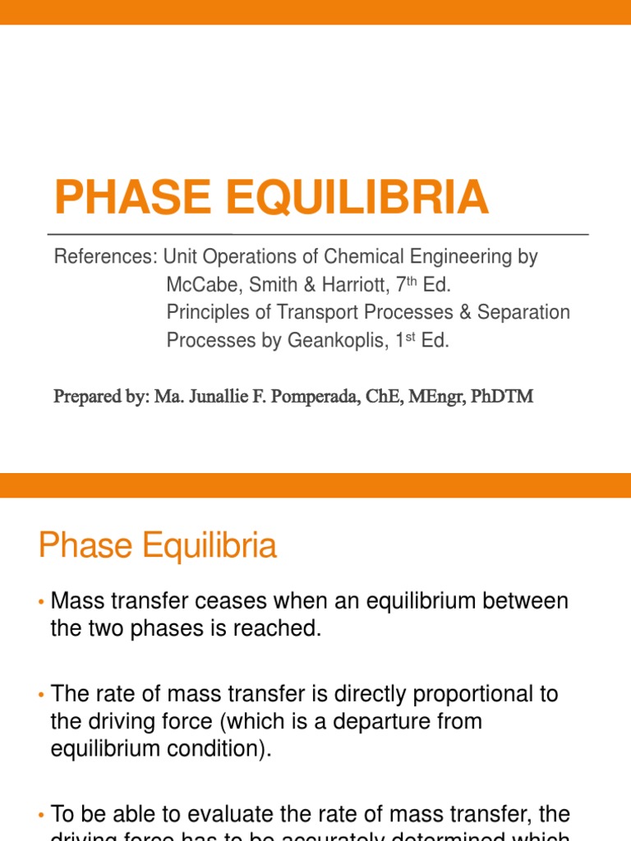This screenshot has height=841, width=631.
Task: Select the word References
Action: pos(104,257)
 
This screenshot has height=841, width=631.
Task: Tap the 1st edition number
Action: pos(402,341)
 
